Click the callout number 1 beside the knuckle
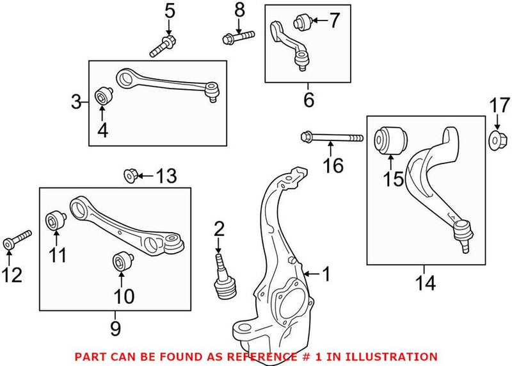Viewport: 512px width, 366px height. (x=326, y=275)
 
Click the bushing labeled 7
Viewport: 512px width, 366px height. (x=301, y=23)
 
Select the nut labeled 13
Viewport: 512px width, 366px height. (x=129, y=174)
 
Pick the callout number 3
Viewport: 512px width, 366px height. (x=76, y=101)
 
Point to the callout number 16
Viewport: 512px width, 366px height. (x=333, y=166)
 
